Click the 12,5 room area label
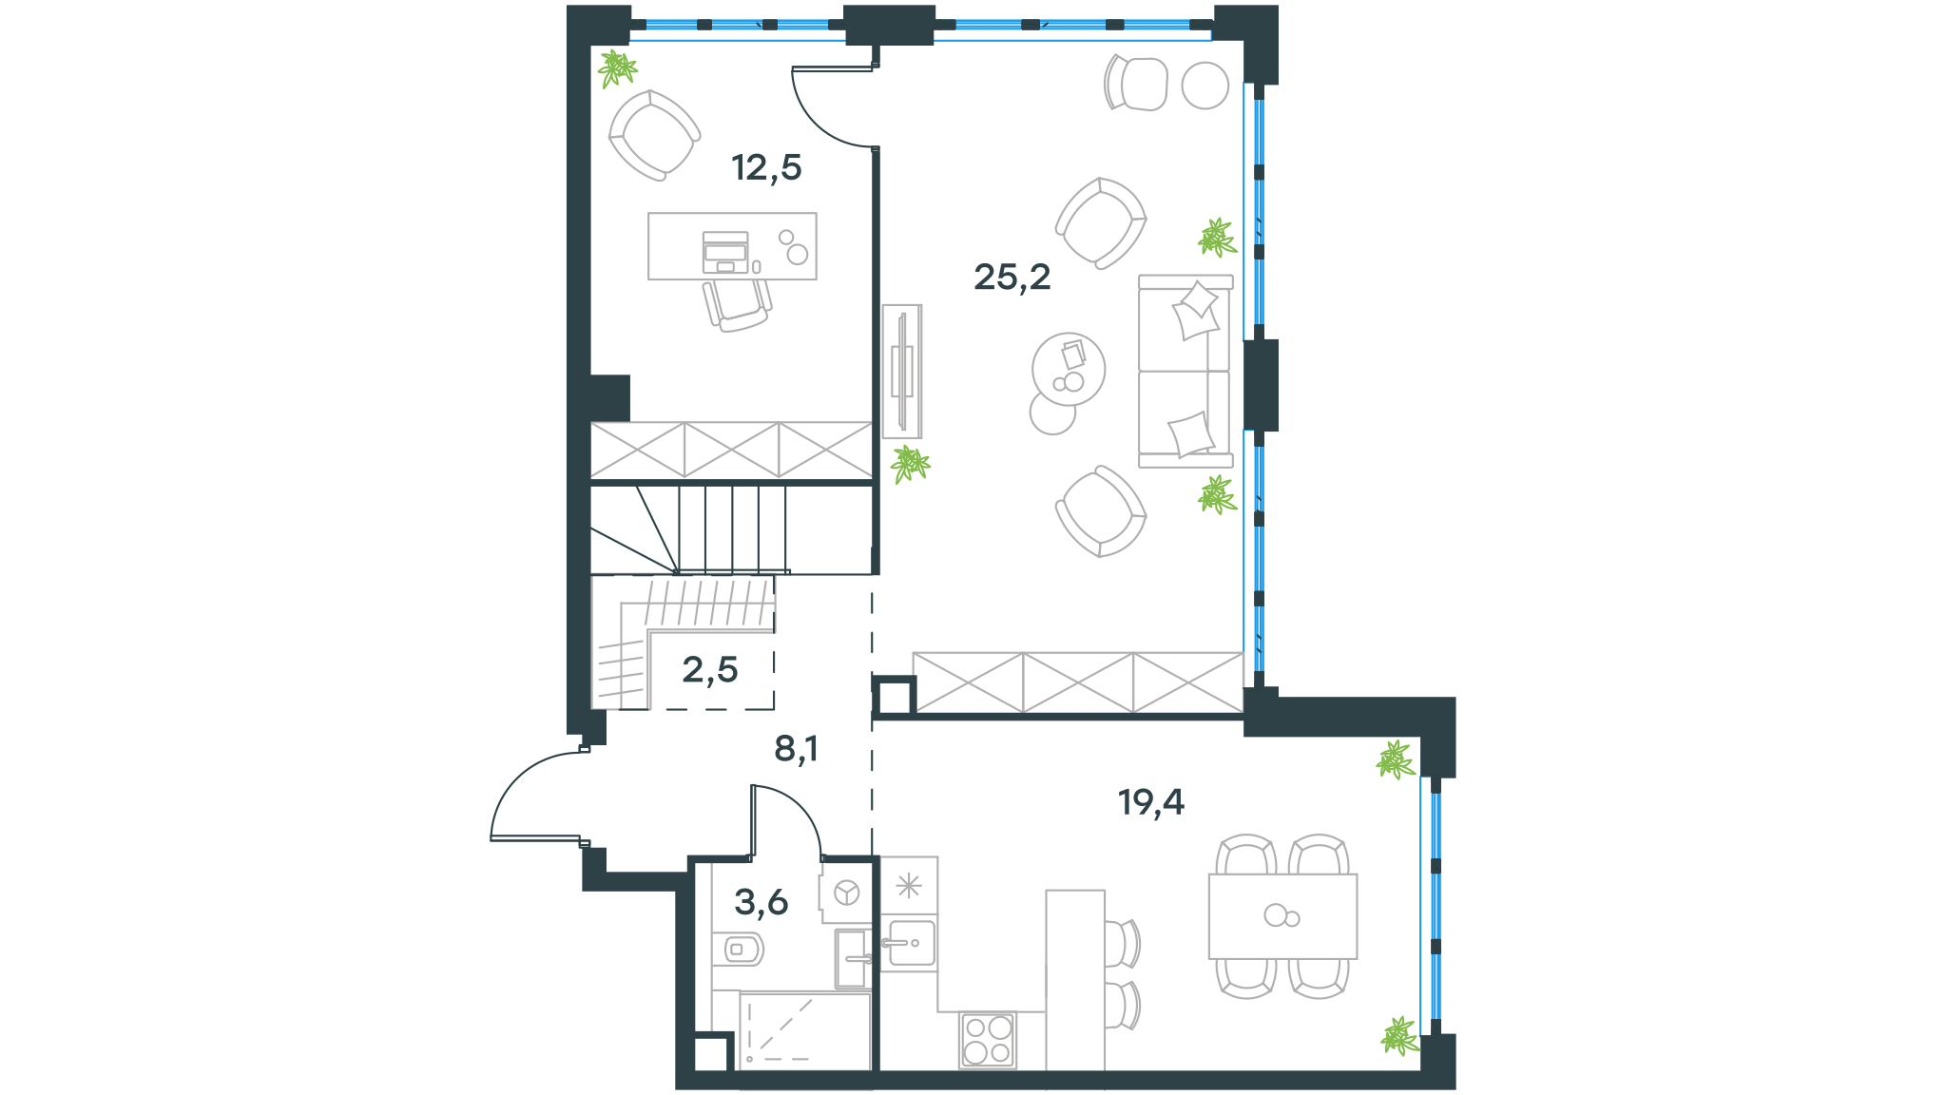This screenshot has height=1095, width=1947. point(766,168)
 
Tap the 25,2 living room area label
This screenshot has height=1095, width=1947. point(1012,277)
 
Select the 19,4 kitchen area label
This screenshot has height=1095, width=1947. point(1151,802)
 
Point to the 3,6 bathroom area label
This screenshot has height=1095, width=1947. point(761,901)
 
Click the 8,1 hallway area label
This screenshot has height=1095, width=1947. point(796,749)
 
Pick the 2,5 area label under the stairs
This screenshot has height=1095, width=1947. point(710,670)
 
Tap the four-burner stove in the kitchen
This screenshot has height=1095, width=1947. point(988,1039)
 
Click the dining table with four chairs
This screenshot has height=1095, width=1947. point(1282,916)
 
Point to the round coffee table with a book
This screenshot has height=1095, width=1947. point(1069,369)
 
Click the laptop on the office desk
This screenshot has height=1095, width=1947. point(725,252)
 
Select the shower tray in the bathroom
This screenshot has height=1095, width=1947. point(805,1031)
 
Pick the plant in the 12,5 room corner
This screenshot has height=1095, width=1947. point(617,68)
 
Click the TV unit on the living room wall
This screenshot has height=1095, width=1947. point(901,371)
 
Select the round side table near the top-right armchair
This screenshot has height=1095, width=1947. point(1205,86)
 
